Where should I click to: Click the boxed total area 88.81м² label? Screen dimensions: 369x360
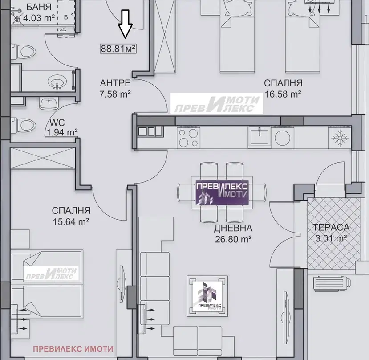tap(118, 49)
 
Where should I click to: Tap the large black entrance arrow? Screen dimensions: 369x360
tap(125, 24)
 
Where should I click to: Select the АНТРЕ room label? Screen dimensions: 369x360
tap(115, 83)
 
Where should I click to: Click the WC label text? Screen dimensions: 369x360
tap(57, 123)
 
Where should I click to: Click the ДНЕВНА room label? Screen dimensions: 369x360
tap(233, 228)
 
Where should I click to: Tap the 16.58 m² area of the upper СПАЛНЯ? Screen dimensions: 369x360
tap(283, 94)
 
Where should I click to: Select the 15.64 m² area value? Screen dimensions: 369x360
tap(71, 222)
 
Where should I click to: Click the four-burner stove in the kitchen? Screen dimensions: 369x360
tap(188, 138)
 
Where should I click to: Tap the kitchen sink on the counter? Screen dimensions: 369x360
tap(260, 136)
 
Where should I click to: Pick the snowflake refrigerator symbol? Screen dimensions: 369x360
tap(340, 138)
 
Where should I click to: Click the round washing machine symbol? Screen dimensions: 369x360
tap(282, 138)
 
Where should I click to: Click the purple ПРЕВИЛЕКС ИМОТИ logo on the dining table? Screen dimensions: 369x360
tap(222, 192)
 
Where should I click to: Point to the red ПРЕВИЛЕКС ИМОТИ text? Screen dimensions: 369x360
tap(73, 349)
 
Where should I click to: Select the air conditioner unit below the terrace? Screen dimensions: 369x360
tap(332, 284)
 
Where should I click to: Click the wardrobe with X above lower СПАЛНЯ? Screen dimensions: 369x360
tap(43, 158)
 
